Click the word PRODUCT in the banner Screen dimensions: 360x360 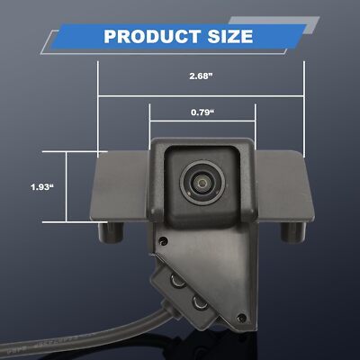[152, 37]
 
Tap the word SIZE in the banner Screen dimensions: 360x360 [230, 37]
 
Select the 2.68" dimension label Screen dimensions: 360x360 [201, 76]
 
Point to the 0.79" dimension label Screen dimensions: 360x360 [202, 112]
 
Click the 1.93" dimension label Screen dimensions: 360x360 [42, 187]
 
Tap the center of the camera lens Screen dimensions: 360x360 [202, 183]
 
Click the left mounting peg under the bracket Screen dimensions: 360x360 [111, 232]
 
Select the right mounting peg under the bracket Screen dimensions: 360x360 [293, 232]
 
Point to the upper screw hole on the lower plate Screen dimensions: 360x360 [163, 240]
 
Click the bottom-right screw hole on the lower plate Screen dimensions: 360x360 [241, 318]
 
